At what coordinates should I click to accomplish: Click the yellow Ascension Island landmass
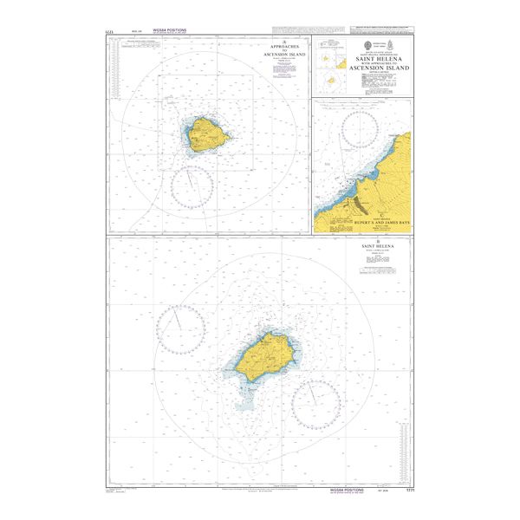coord(206,134)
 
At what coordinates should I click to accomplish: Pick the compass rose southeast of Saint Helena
coord(315,404)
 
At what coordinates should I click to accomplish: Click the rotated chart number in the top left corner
coord(107,35)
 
